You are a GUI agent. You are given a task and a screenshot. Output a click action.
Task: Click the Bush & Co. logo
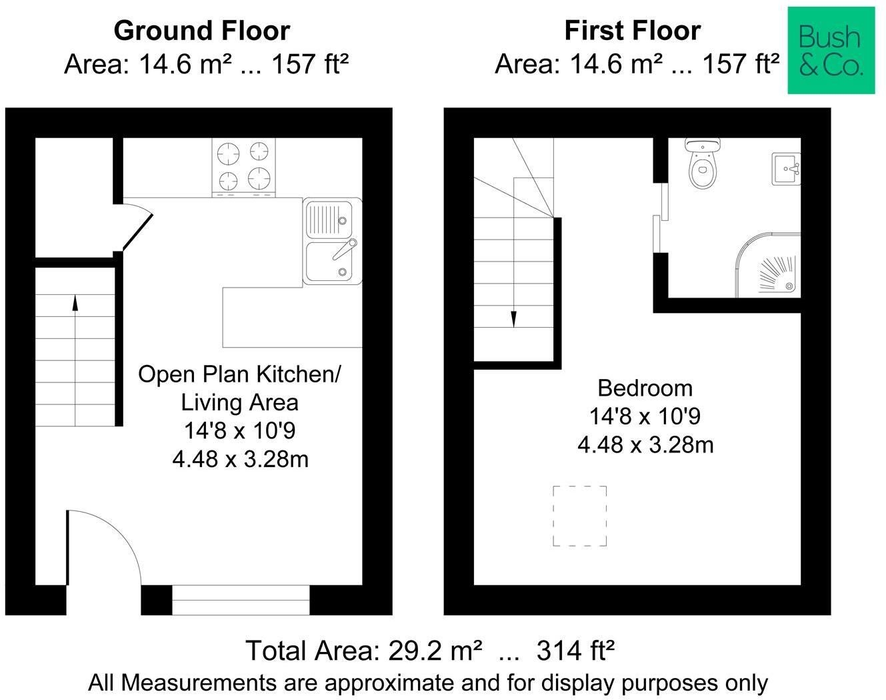tap(831, 50)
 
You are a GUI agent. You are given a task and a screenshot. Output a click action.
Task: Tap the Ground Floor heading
tap(202, 31)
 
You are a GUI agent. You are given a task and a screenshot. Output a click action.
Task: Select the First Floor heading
tap(633, 31)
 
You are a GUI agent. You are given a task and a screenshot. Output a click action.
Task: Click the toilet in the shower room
tap(703, 163)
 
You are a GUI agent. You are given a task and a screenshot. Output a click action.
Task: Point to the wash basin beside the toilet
tap(786, 169)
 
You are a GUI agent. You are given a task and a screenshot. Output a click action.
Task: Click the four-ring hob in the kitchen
tap(244, 167)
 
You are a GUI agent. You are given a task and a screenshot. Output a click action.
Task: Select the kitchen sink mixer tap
tap(345, 249)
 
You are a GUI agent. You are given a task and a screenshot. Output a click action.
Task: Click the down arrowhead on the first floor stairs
tap(513, 319)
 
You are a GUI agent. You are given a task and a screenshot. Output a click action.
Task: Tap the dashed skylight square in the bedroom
tap(580, 516)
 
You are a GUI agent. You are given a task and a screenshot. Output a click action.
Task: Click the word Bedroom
tap(645, 388)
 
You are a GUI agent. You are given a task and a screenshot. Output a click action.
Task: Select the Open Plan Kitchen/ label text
tap(239, 374)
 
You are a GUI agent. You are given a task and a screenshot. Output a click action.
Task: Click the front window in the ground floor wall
tap(241, 600)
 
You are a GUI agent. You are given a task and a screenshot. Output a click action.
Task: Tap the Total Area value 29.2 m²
tap(435, 651)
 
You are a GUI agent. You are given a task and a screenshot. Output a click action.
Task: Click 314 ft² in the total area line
tap(575, 651)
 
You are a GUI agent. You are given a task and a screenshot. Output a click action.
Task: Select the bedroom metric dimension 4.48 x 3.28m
tap(645, 445)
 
